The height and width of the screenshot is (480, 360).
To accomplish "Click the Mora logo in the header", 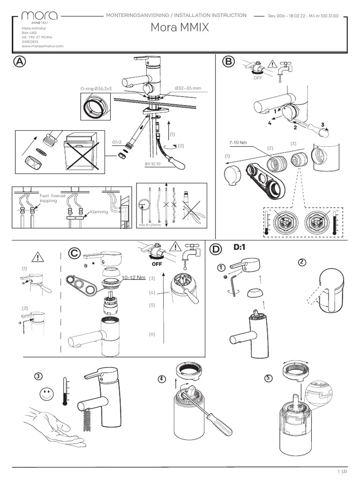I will click(40, 17).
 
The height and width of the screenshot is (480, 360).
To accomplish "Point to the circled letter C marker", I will click(74, 253).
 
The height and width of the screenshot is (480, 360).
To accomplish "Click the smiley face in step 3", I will click(46, 394).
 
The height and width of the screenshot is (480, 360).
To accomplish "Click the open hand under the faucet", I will click(52, 424).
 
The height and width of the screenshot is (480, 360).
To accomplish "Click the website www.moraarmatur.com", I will click(42, 46).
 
